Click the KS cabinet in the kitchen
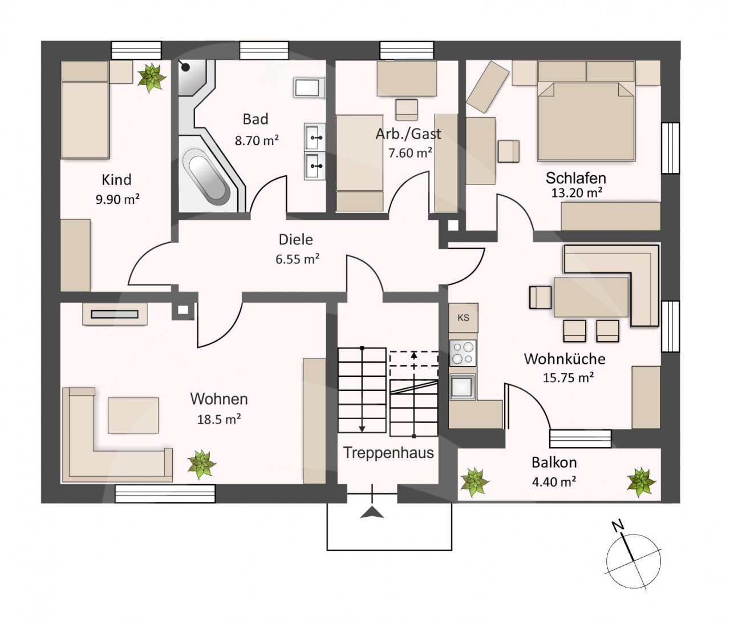463,317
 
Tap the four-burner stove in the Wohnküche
463,352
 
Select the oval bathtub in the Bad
208,178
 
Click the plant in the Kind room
152,78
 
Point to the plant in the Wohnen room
202,464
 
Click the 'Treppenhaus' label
388,453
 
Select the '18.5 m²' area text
219,419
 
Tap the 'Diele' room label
296,239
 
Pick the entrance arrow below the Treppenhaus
372,512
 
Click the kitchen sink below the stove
463,386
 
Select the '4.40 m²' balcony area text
554,482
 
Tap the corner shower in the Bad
196,78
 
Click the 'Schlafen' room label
576,178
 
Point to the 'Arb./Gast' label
408,134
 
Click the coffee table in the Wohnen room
133,415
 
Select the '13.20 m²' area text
577,193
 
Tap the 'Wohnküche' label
565,359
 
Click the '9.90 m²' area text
117,199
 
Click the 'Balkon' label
554,463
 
